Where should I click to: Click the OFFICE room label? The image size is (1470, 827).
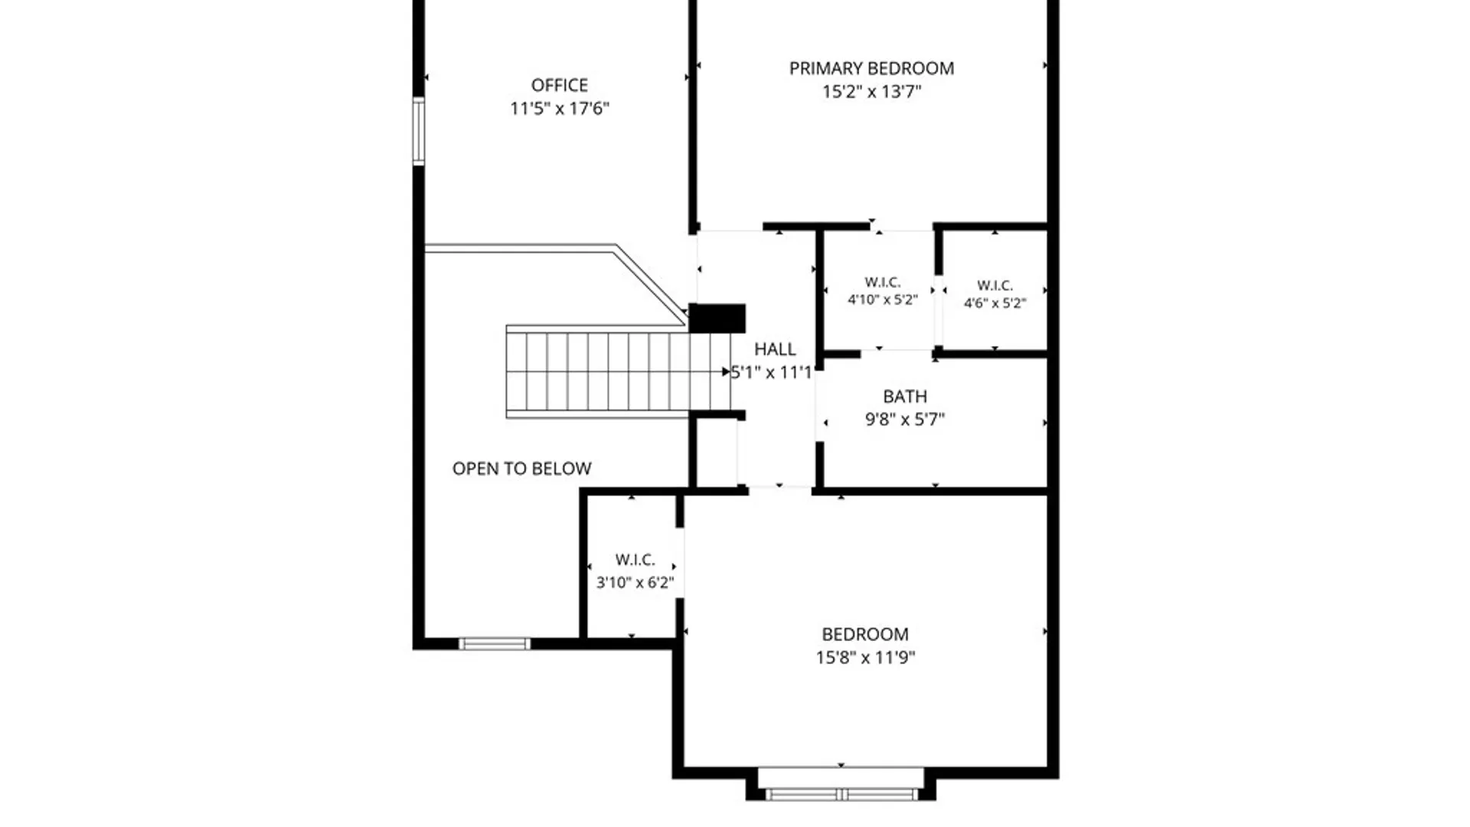[x=560, y=85]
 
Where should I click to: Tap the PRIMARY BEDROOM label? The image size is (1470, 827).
[x=871, y=68]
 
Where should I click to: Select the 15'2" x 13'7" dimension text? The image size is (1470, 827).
[x=871, y=92]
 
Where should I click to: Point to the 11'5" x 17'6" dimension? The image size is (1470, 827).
[x=560, y=109]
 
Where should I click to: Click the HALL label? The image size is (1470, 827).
[x=775, y=349]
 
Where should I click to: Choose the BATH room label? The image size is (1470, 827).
[x=905, y=397]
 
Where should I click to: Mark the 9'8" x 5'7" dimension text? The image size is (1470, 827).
[x=905, y=420]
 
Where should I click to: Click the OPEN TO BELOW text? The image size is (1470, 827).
[x=522, y=469]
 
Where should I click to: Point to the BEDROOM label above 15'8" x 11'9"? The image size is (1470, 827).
[x=865, y=634]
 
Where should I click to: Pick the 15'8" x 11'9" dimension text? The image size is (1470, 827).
[x=865, y=657]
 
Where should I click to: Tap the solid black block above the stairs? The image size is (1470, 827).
[x=717, y=319]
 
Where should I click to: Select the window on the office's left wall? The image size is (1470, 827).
[x=419, y=131]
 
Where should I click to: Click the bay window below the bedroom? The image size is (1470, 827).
[x=841, y=794]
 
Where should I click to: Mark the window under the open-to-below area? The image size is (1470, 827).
[x=495, y=644]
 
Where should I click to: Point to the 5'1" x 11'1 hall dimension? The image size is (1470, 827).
[x=771, y=373]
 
